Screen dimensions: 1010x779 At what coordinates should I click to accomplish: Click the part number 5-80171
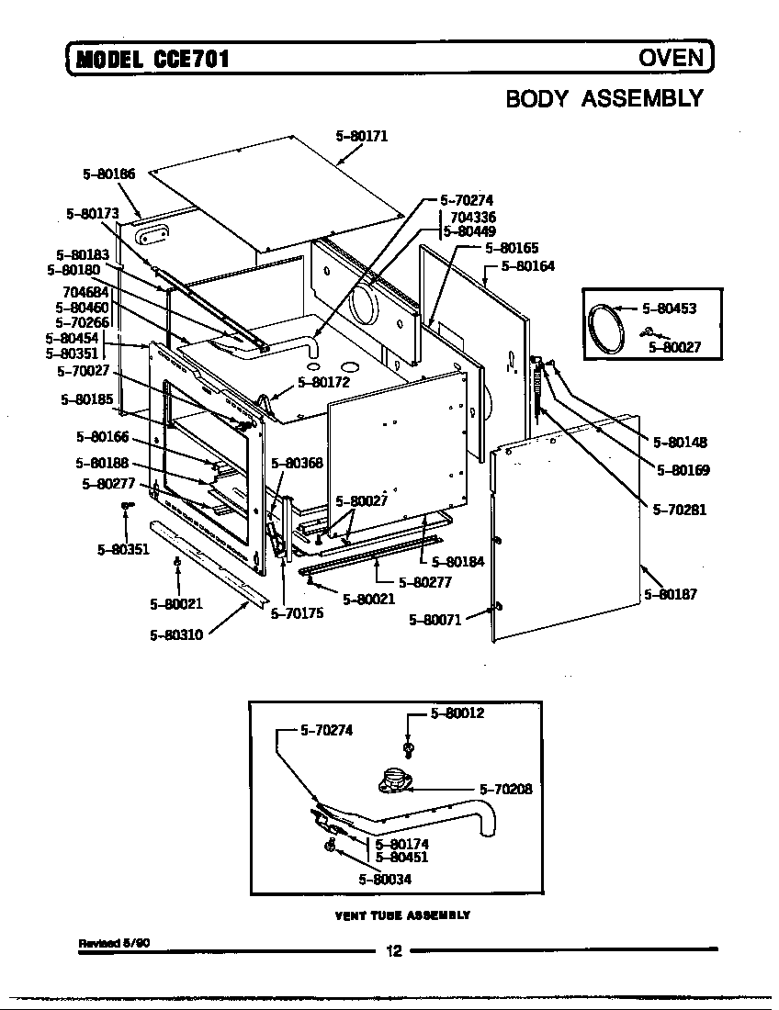362,137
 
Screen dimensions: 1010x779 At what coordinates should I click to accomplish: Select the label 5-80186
108,173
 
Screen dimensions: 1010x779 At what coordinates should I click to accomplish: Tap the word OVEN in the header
672,59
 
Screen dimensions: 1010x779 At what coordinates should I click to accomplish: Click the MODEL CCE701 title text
152,60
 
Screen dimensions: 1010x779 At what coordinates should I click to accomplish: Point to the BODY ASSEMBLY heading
604,98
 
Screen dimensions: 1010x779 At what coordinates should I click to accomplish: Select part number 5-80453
668,309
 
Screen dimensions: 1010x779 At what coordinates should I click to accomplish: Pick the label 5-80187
671,594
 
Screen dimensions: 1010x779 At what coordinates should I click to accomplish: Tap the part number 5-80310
176,634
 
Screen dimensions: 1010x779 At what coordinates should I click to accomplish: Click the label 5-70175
297,614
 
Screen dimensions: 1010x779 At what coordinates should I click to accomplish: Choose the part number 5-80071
435,620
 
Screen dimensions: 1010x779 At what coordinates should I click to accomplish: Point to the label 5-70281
680,511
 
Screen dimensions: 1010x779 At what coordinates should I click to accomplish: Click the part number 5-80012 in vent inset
457,713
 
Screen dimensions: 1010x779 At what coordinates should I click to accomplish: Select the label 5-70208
505,788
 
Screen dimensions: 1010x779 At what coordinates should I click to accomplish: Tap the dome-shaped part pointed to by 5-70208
395,781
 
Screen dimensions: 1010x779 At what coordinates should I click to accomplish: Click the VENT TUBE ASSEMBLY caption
402,915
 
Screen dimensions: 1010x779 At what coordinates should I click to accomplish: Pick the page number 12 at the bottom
394,950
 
